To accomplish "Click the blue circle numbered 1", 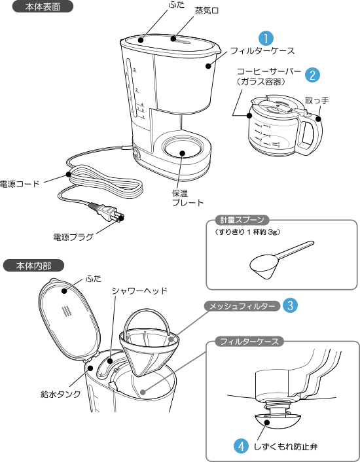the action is click(x=266, y=39).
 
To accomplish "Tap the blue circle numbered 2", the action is click(x=312, y=75).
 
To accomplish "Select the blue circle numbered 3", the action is click(x=290, y=306).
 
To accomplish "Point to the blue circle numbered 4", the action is click(x=242, y=446).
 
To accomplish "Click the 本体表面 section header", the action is click(x=43, y=7).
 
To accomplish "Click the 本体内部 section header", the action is click(x=33, y=266).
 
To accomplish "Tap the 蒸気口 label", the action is click(x=207, y=11).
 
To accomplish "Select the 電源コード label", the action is click(x=20, y=184).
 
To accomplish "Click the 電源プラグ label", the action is click(x=73, y=237).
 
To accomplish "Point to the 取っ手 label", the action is click(x=317, y=101).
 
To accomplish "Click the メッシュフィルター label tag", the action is click(x=242, y=306).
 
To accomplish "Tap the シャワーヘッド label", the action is click(x=139, y=291).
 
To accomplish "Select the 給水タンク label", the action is click(x=60, y=394).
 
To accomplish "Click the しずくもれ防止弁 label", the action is click(x=286, y=447).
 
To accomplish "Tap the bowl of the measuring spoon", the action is click(x=265, y=266).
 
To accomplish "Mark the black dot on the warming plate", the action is click(x=182, y=153).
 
